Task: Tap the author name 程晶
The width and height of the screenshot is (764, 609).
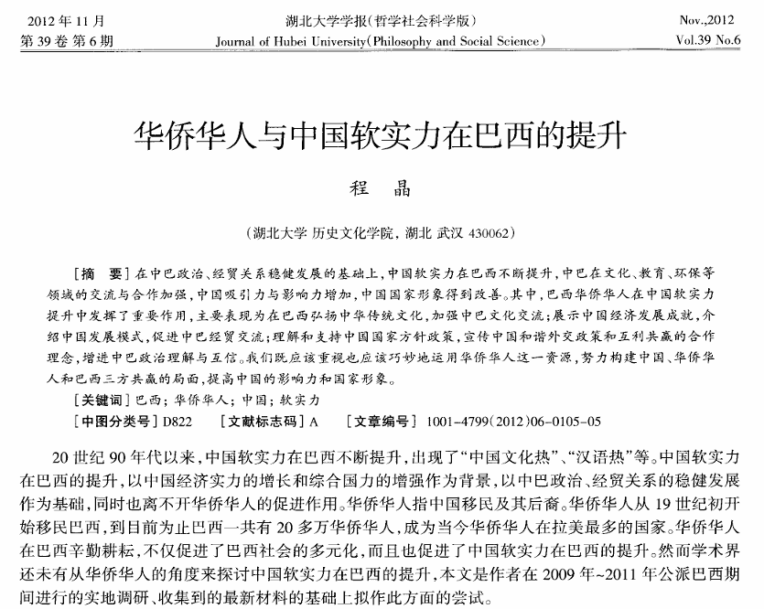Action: [382, 191]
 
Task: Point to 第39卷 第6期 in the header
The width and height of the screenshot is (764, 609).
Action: [67, 40]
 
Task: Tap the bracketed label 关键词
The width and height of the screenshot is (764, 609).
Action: [101, 401]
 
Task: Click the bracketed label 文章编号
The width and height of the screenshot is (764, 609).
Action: [382, 422]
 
